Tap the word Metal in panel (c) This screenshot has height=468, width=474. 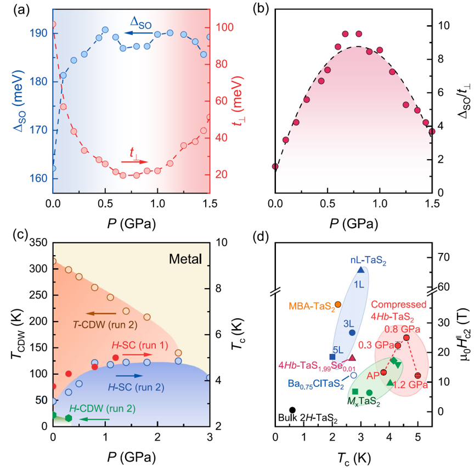[185, 258]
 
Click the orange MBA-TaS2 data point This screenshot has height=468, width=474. [338, 304]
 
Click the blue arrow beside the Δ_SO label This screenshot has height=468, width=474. [120, 33]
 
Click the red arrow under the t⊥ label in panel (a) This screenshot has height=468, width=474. [134, 162]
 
